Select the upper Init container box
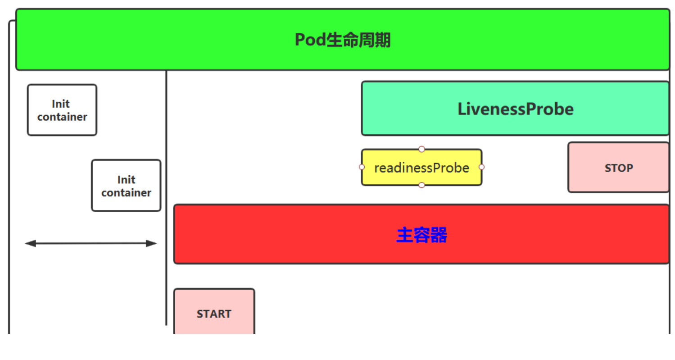62,110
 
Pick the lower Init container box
126,185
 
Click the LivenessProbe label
516,109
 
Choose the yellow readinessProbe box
421,168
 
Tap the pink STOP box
618,168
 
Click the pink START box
214,313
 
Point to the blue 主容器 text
421,235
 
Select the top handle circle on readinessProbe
421,149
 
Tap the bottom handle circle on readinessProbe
421,185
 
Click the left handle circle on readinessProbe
362,167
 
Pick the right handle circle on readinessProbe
481,167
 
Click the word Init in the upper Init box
61,104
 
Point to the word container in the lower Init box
126,193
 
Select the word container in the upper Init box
62,117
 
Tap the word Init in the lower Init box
126,180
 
